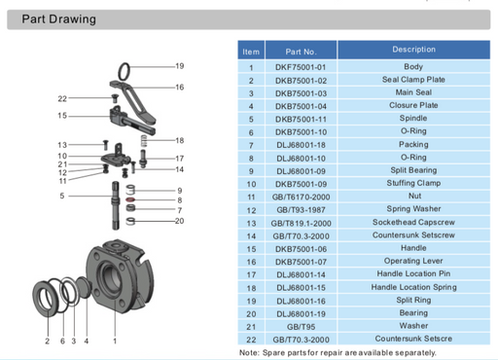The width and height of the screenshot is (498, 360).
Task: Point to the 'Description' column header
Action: point(413,50)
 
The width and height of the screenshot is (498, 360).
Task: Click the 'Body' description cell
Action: point(413,67)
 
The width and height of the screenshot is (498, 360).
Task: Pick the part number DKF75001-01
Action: point(302,67)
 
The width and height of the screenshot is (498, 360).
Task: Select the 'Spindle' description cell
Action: point(413,119)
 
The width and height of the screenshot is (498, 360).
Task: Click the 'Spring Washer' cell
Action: point(413,209)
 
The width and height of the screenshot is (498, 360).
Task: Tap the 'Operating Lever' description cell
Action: point(413,261)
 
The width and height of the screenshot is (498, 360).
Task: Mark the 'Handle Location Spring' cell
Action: point(413,287)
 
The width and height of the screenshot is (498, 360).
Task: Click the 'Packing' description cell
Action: point(413,145)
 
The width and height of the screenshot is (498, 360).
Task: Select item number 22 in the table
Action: point(251,339)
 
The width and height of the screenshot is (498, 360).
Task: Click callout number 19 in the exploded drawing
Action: point(179,65)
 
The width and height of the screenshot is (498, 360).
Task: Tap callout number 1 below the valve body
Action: point(115,341)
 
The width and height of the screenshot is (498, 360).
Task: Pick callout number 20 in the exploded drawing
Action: point(179,221)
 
